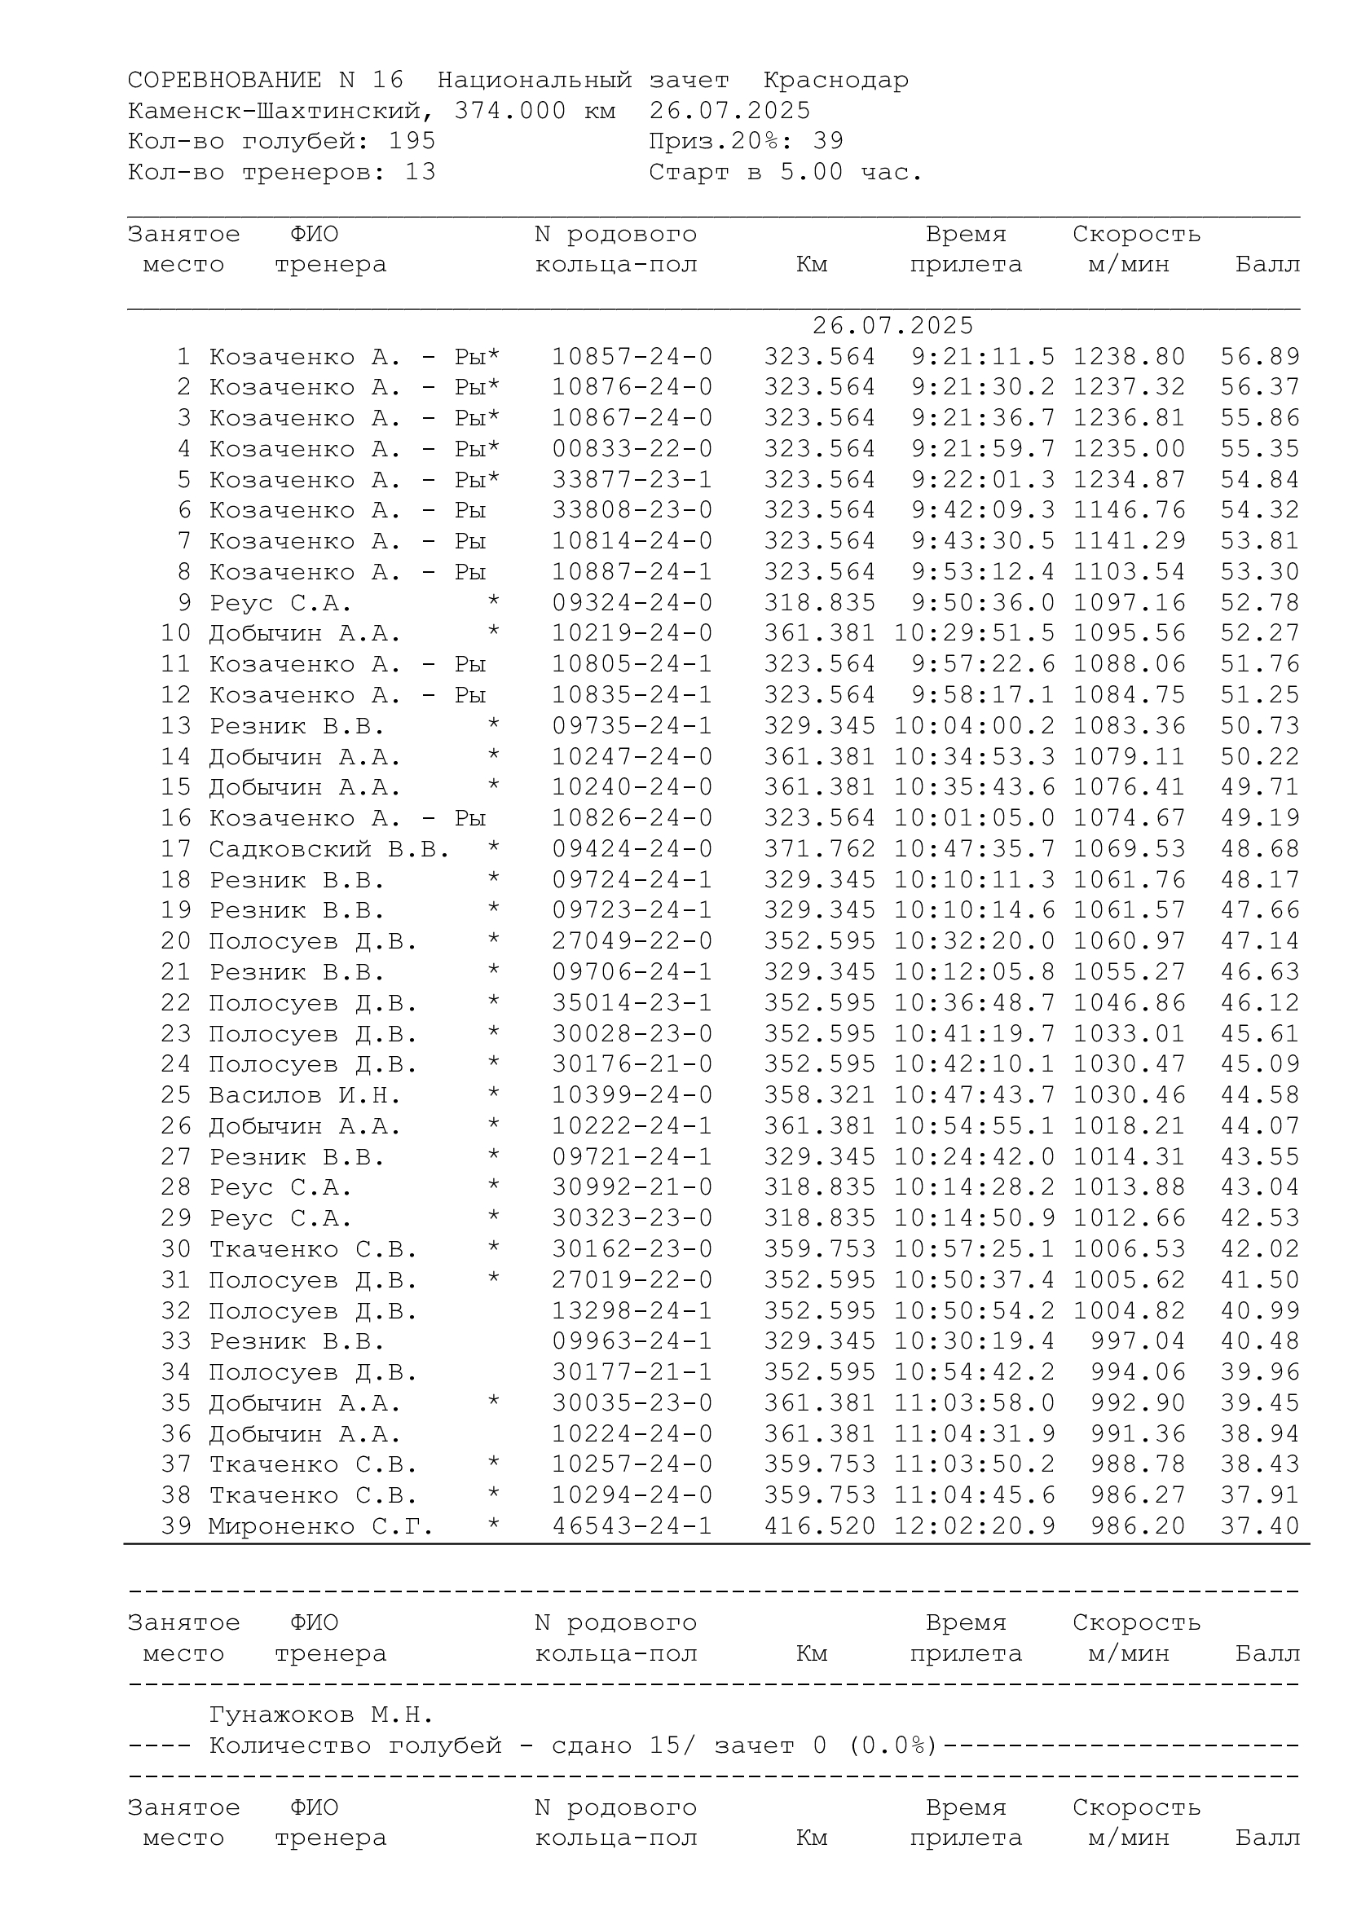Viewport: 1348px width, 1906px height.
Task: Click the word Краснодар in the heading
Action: tap(835, 81)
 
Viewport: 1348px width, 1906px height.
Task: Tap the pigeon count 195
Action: tap(412, 142)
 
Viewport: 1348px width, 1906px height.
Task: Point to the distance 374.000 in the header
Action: tap(509, 112)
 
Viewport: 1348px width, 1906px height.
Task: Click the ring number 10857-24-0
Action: tap(632, 357)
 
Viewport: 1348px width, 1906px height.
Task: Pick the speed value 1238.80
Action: tap(1129, 357)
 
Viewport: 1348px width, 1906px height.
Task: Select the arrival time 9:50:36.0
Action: tap(983, 603)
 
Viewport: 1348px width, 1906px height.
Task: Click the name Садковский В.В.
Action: tap(328, 849)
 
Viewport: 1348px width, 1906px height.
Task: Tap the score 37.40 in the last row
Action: tap(1259, 1525)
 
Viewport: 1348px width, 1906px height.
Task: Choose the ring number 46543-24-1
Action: tap(632, 1525)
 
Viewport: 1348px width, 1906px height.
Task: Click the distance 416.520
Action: tap(819, 1525)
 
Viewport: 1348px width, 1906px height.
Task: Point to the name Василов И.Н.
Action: tap(305, 1096)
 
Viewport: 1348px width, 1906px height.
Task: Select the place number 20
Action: tap(176, 941)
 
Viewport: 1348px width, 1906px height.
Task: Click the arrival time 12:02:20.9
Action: tap(975, 1525)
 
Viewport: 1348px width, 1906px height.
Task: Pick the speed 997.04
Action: tap(1137, 1341)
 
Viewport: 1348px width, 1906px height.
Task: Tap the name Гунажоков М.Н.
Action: tap(321, 1715)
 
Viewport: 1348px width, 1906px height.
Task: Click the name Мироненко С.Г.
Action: tap(321, 1525)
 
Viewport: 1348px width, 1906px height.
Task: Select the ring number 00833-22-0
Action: tap(632, 449)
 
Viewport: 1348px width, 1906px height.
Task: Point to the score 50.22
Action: tap(1259, 757)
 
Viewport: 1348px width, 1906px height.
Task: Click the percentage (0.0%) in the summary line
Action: tap(892, 1745)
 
